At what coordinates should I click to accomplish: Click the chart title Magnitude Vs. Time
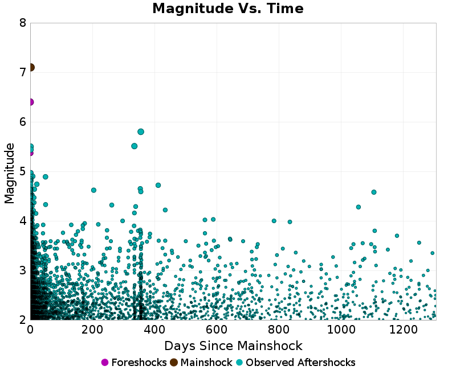pyautogui.click(x=228, y=9)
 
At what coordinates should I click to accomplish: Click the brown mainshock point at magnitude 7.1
pyautogui.click(x=31, y=67)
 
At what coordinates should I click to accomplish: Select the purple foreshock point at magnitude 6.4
pyautogui.click(x=30, y=102)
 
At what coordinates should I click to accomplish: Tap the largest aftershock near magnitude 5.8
pyautogui.click(x=141, y=131)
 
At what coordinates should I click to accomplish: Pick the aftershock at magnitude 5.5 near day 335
pyautogui.click(x=135, y=146)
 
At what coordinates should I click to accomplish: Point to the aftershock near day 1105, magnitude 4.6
pyautogui.click(x=374, y=192)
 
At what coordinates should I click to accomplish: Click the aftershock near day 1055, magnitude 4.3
pyautogui.click(x=359, y=207)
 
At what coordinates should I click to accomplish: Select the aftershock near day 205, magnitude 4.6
pyautogui.click(x=93, y=190)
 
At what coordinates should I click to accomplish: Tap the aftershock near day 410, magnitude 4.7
pyautogui.click(x=158, y=185)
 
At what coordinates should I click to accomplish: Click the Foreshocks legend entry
pyautogui.click(x=134, y=363)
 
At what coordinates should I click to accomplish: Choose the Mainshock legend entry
pyautogui.click(x=201, y=363)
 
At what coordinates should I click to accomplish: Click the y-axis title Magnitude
pyautogui.click(x=9, y=173)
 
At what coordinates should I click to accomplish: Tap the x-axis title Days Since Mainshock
pyautogui.click(x=233, y=346)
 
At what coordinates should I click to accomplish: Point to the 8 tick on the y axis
pyautogui.click(x=22, y=23)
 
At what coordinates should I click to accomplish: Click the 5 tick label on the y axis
pyautogui.click(x=22, y=171)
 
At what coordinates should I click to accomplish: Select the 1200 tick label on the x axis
pyautogui.click(x=405, y=330)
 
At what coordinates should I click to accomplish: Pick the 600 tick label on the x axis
pyautogui.click(x=217, y=330)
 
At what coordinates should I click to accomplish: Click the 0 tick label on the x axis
pyautogui.click(x=30, y=330)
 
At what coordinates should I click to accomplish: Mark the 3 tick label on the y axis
pyautogui.click(x=22, y=270)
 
